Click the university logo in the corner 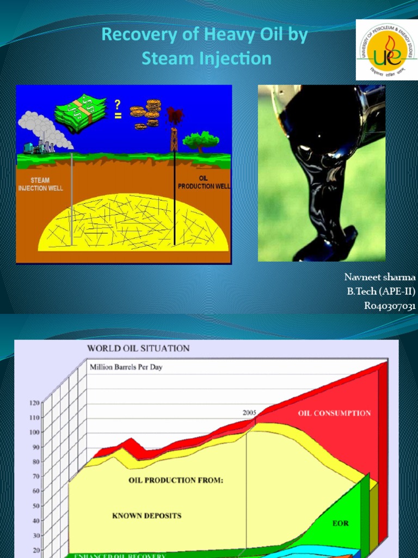386,50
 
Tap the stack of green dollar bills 81,113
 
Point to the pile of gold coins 146,114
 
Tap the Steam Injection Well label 41,184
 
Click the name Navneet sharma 380,277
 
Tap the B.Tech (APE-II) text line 381,292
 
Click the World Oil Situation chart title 139,348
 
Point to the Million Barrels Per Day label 126,367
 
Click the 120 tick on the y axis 34,403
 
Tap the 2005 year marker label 249,413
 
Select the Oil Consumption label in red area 334,413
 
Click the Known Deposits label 146,515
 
